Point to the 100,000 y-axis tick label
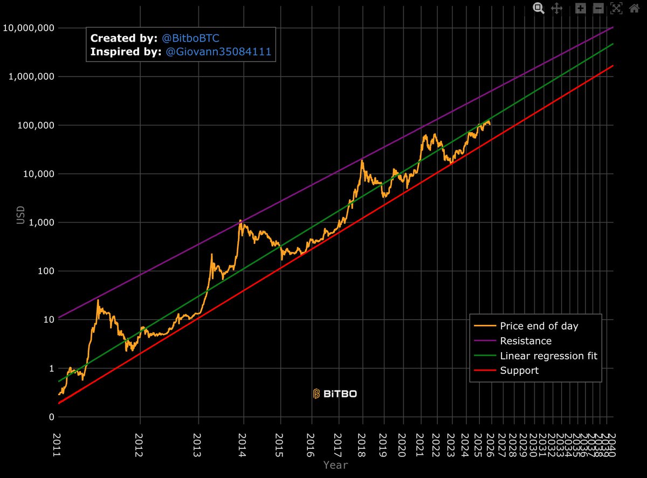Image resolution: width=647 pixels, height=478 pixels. click(33, 125)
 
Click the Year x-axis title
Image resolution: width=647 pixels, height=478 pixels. click(335, 465)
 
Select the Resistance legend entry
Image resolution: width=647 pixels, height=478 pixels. click(525, 341)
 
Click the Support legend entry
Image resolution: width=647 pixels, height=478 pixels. click(519, 371)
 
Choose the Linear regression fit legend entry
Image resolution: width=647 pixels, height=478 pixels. click(548, 356)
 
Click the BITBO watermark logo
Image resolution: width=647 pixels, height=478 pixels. click(335, 394)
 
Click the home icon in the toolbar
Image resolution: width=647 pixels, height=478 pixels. click(634, 8)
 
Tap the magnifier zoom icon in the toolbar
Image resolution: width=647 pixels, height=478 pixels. click(538, 8)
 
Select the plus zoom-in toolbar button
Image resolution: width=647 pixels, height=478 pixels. click(580, 8)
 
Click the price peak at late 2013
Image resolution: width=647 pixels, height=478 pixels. click(240, 220)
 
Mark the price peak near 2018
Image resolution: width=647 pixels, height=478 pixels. click(362, 160)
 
